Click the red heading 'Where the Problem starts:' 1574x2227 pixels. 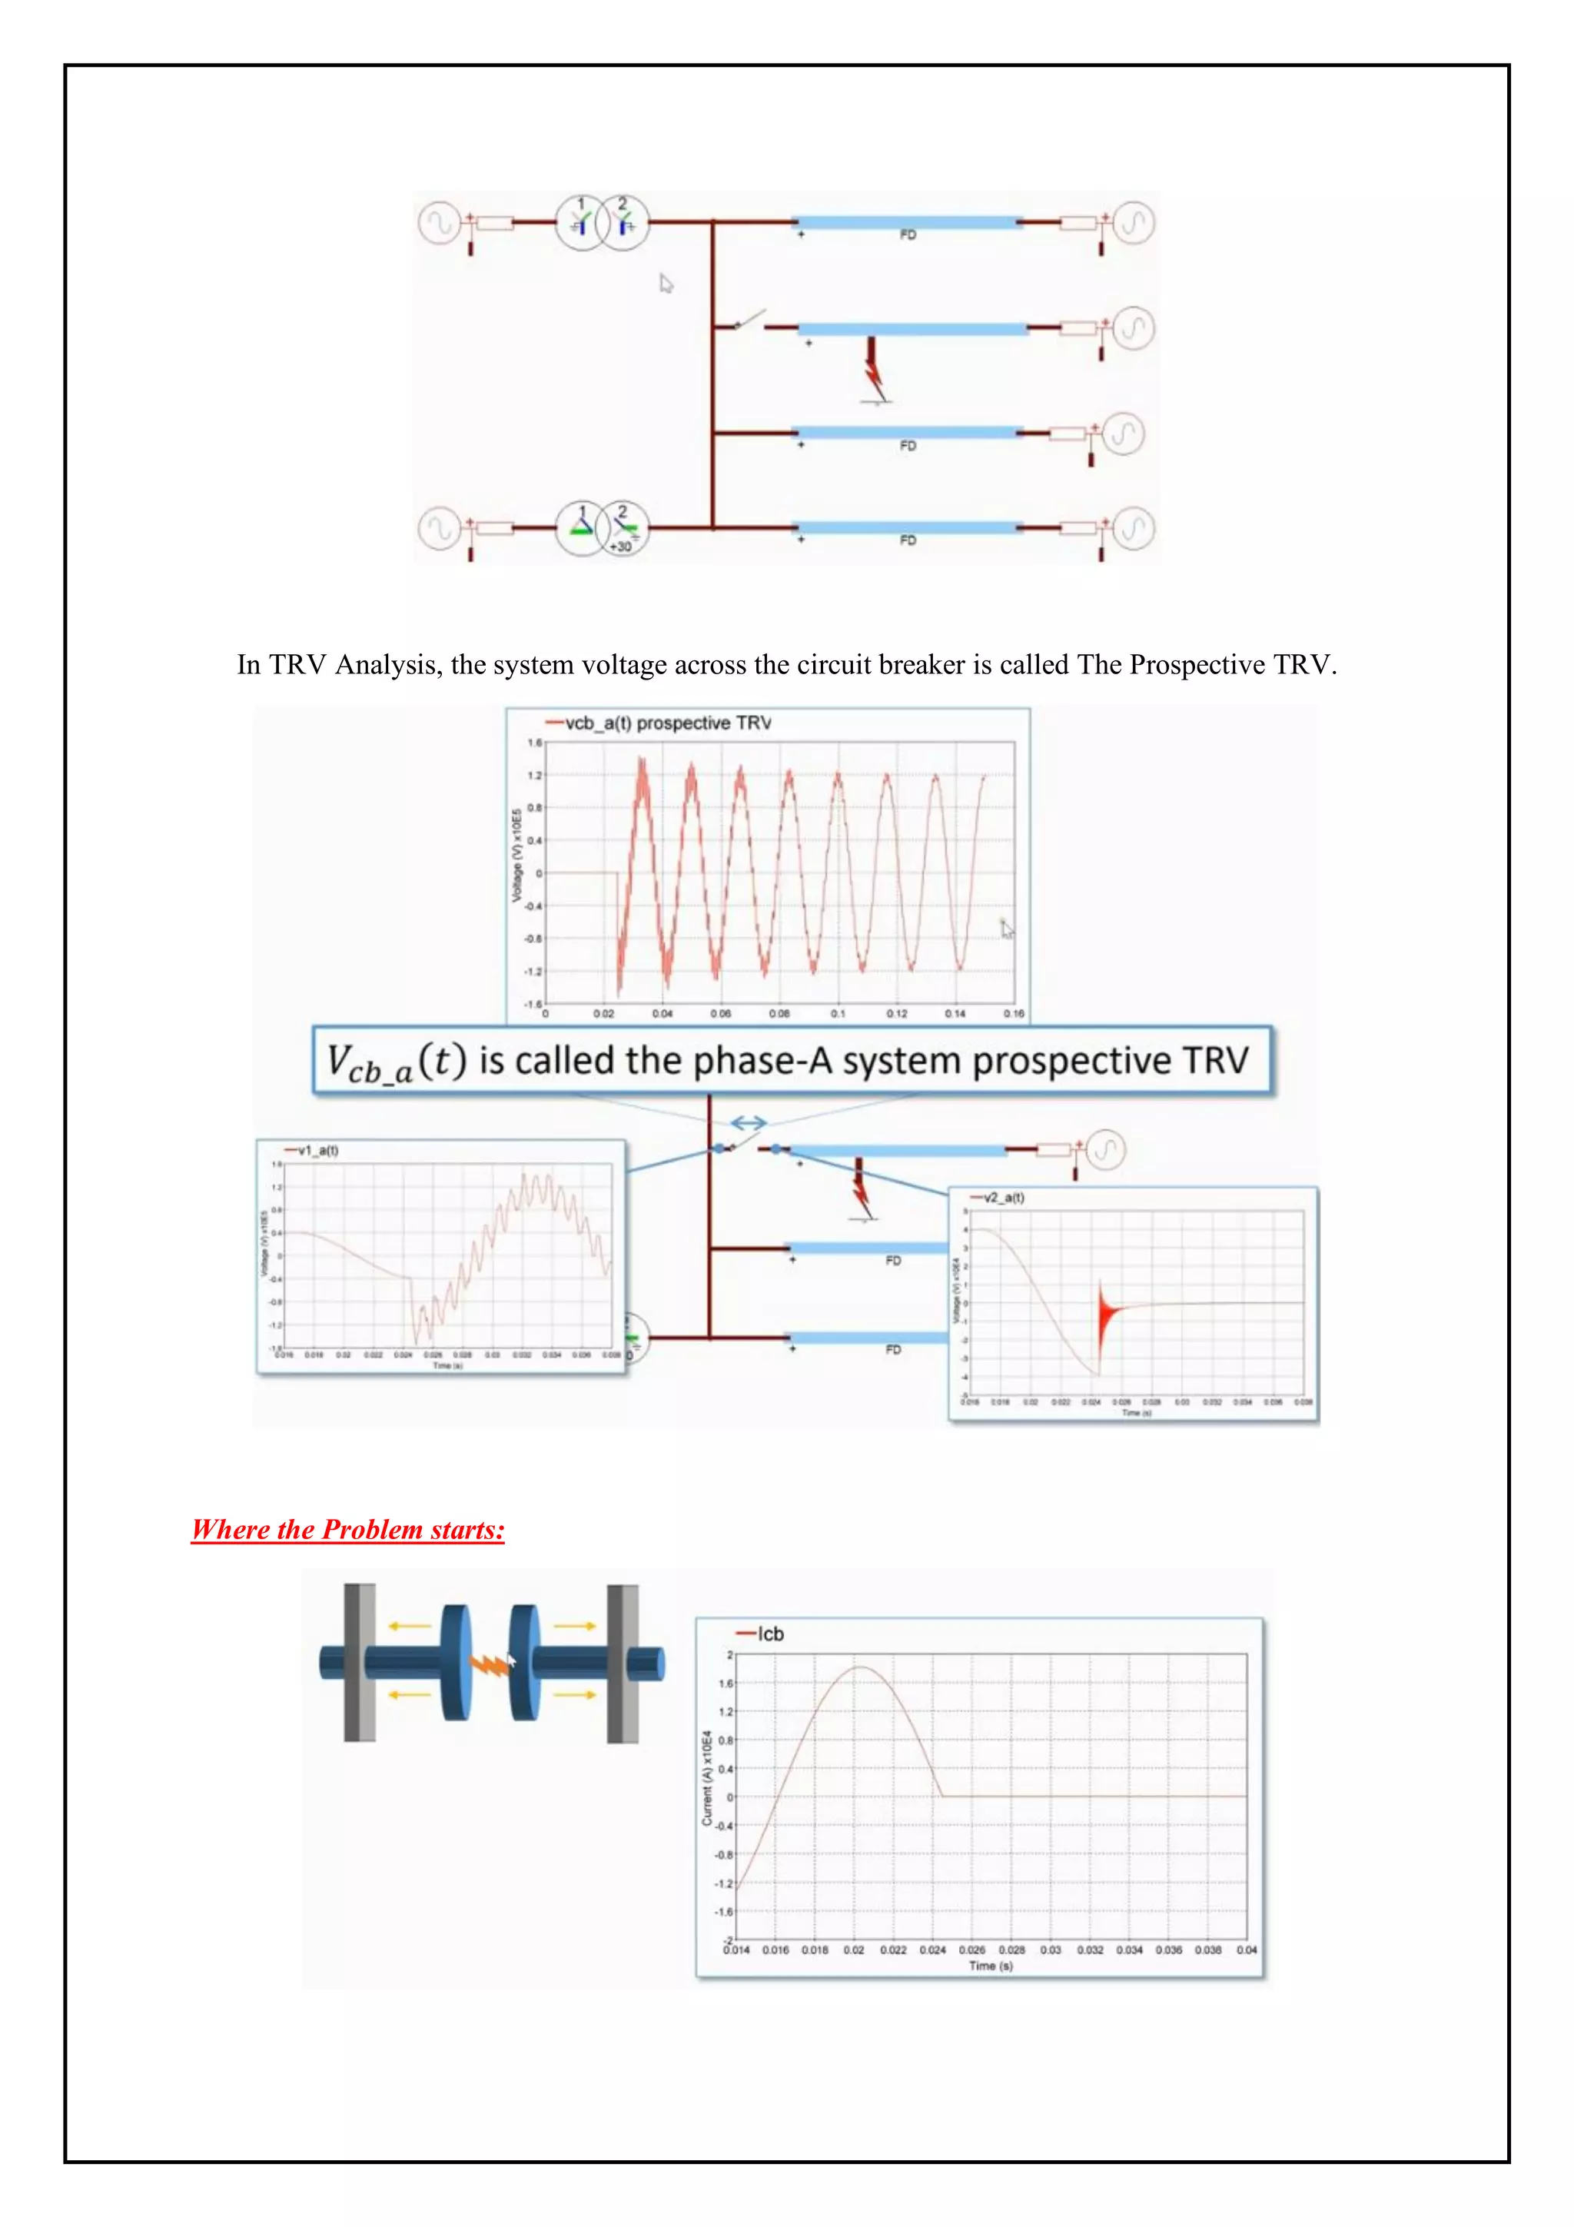347,1530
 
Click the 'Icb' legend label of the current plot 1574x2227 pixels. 770,1634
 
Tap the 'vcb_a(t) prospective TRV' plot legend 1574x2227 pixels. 668,723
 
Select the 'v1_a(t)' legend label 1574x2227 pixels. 317,1150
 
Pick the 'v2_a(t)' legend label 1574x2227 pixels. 1004,1198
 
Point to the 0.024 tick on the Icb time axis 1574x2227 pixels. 932,1949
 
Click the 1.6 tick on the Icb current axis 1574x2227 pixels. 726,1684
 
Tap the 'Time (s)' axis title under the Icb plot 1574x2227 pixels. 990,1966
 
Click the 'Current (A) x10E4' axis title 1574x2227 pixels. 707,1778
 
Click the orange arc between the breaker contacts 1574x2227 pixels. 490,1664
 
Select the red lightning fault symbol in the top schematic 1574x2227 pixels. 874,373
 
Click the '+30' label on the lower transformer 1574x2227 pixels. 619,547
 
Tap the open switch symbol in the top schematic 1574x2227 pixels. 749,320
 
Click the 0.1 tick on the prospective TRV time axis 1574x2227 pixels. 838,1014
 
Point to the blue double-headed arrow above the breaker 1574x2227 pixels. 749,1123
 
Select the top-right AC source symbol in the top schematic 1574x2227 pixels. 1132,222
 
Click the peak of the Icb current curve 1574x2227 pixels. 859,1667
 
